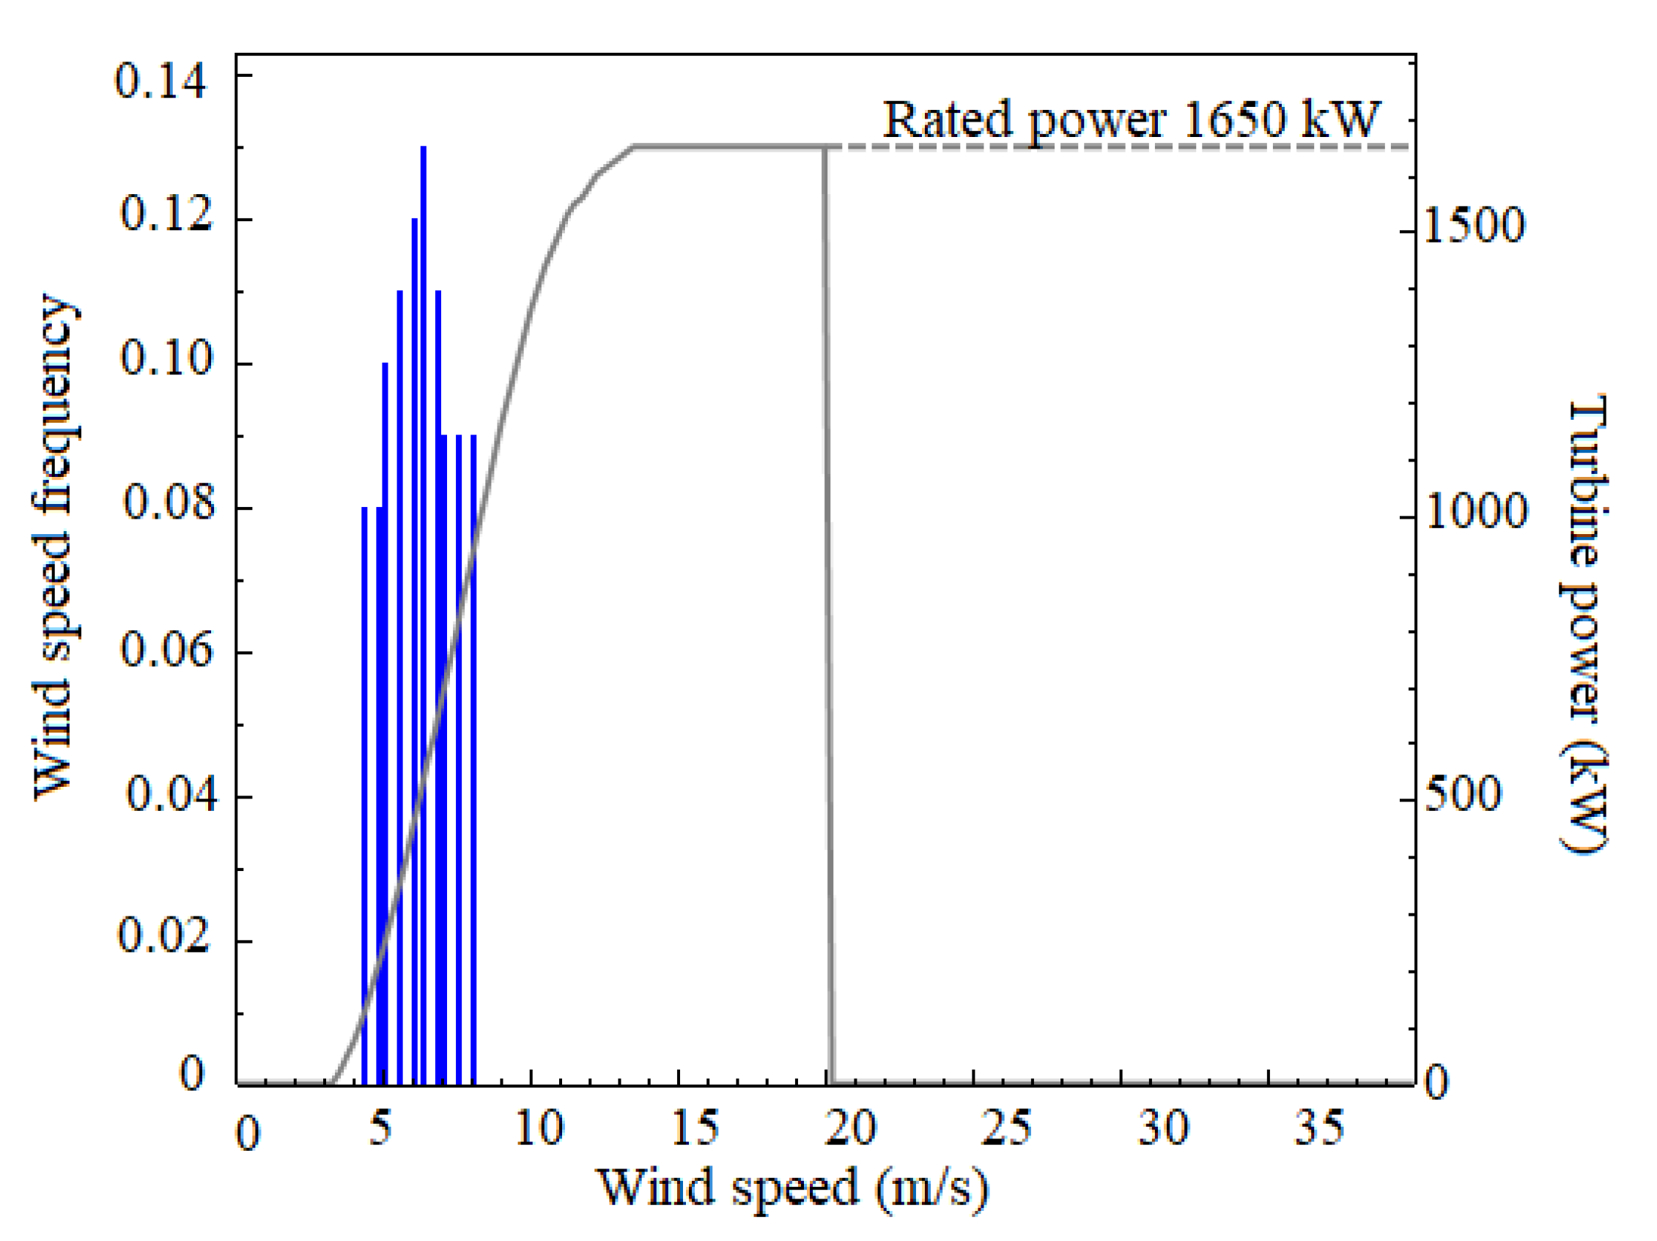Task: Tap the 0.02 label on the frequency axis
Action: pyautogui.click(x=164, y=934)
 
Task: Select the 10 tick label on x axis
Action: pyautogui.click(x=539, y=1127)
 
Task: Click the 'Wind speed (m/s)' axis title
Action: pyautogui.click(x=791, y=1187)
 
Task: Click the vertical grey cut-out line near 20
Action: pyautogui.click(x=828, y=599)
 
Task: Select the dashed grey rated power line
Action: pyautogui.click(x=1123, y=147)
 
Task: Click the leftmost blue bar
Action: pyautogui.click(x=365, y=794)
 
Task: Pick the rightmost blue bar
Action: pyautogui.click(x=473, y=757)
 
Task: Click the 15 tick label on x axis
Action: pyautogui.click(x=695, y=1127)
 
